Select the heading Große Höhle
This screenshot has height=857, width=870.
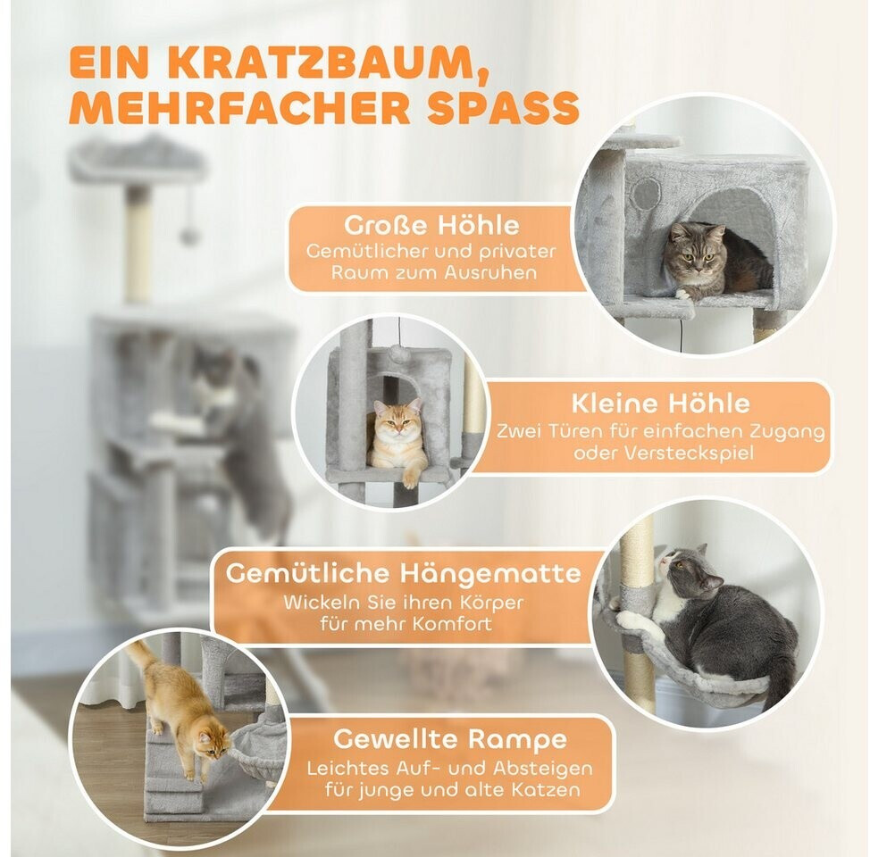[431, 225]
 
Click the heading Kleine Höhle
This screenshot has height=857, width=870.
[660, 404]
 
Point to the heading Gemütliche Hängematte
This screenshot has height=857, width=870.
[404, 573]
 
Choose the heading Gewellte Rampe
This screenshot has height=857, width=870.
[450, 739]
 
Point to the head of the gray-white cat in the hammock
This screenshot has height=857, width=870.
[685, 571]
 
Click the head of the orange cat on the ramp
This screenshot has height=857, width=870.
[213, 743]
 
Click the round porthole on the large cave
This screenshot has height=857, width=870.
[647, 194]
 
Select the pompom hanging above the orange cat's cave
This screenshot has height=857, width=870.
[398, 353]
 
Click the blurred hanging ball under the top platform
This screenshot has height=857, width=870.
[189, 237]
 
